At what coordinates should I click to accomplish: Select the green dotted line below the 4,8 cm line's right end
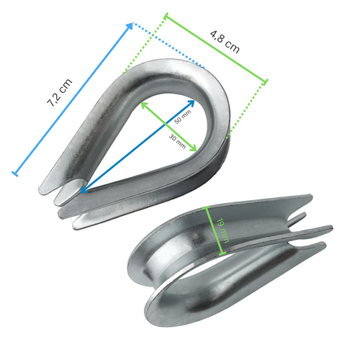pos(248,108)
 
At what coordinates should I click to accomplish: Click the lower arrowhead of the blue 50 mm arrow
pos(83,192)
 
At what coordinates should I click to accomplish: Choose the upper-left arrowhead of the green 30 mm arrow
pos(143,105)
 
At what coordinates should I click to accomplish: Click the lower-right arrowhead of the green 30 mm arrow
pos(194,148)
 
